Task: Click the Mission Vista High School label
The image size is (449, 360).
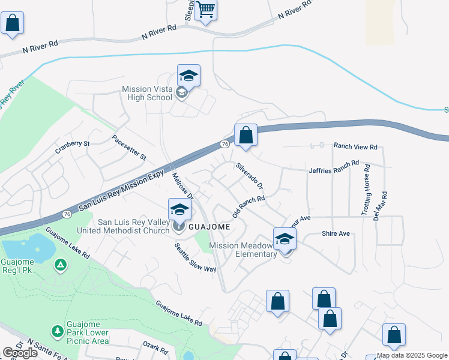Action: [146, 93]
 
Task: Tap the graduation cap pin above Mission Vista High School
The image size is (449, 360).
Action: [188, 76]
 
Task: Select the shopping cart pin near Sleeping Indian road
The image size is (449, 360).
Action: [205, 10]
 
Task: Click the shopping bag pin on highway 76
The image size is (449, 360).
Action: [246, 136]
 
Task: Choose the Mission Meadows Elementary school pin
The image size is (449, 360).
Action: [285, 239]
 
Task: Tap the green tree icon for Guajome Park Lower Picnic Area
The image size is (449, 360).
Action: [57, 331]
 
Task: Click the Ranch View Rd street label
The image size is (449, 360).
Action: [355, 146]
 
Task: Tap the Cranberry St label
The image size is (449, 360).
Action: [72, 145]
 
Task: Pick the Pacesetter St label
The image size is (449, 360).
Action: [129, 147]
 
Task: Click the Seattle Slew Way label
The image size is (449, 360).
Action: [195, 257]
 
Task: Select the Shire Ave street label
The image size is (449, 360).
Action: [336, 233]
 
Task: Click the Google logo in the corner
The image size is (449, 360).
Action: [20, 353]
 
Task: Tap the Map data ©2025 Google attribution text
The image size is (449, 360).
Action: [412, 355]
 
